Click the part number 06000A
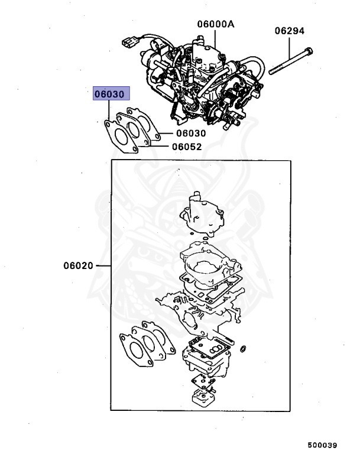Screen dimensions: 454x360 pyautogui.click(x=216, y=24)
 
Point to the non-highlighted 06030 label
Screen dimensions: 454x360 pyautogui.click(x=189, y=134)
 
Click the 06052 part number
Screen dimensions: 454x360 pyautogui.click(x=187, y=147)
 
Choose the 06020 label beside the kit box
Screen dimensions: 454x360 pyautogui.click(x=79, y=266)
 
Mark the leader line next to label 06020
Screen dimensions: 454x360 pyautogui.click(x=103, y=266)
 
